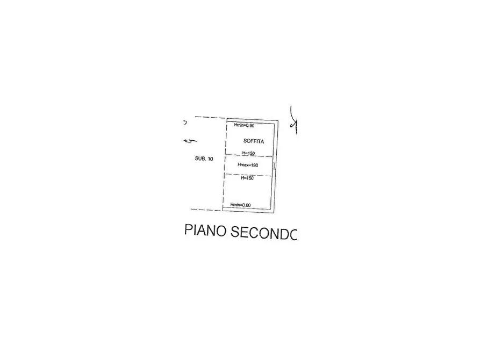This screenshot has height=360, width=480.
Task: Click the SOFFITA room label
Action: tap(253, 141)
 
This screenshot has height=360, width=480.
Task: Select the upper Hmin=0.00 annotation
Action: tap(243, 125)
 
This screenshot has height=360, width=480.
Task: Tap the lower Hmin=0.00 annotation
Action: tap(240, 205)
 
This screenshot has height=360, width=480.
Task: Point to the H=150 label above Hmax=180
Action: tap(248, 153)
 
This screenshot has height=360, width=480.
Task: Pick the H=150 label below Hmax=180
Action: tap(247, 178)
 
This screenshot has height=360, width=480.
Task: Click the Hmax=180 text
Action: tap(248, 165)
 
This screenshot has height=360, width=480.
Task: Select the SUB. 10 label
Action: tap(204, 159)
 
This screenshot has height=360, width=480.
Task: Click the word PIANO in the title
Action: tap(205, 231)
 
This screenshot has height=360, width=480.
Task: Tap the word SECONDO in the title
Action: tap(264, 232)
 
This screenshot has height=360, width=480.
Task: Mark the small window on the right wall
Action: tap(274, 165)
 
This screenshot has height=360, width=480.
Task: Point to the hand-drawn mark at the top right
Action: tap(293, 122)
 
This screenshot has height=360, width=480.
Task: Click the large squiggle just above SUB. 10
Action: tap(190, 141)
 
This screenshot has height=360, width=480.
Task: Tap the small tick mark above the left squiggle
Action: tap(184, 122)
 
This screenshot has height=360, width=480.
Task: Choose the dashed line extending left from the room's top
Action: tap(210, 118)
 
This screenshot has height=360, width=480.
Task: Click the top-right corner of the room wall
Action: tap(278, 120)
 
